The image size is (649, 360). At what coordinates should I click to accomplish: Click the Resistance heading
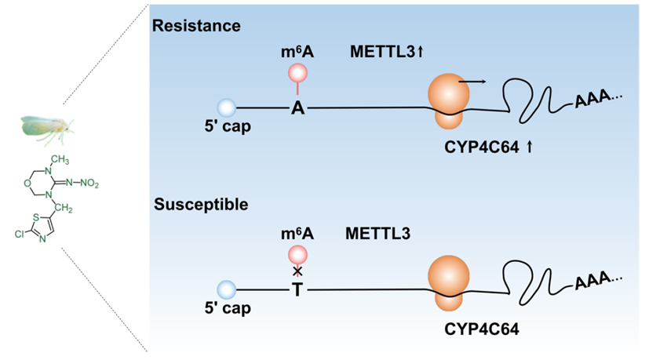coord(196,26)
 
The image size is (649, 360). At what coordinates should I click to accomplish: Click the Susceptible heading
coord(200,205)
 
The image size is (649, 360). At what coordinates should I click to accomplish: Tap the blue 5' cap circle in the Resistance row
coord(226,107)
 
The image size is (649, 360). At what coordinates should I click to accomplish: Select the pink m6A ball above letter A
coord(297,73)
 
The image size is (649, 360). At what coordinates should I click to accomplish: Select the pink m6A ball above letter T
coord(297,254)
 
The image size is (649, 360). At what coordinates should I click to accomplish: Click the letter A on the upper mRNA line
coord(297,108)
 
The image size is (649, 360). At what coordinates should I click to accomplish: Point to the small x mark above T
coord(297,271)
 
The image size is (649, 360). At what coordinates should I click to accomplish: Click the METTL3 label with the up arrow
coord(387,53)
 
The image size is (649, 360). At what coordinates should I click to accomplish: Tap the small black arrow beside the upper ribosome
coord(472,80)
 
